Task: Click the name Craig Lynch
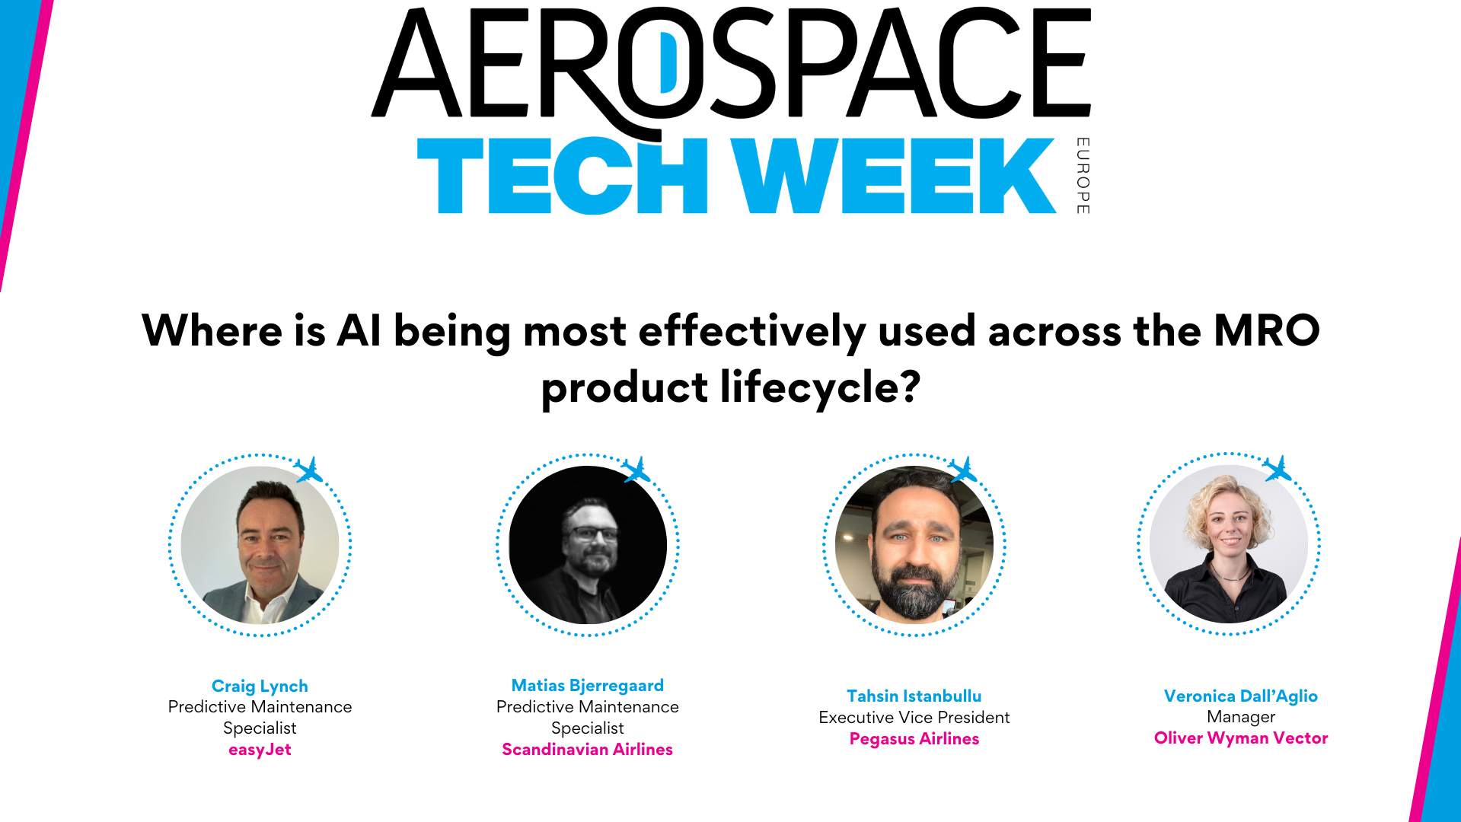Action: (260, 686)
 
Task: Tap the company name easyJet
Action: (260, 750)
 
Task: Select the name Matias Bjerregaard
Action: (587, 685)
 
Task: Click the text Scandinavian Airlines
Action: (587, 750)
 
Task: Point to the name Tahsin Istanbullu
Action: (914, 696)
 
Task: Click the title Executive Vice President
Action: (914, 717)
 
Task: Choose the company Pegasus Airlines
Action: (914, 739)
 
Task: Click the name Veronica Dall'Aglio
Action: (1240, 696)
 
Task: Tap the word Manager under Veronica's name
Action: (1240, 717)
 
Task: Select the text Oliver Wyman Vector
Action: (1240, 738)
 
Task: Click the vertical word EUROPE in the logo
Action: (1083, 176)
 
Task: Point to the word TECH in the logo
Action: (562, 176)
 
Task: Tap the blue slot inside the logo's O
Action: (668, 62)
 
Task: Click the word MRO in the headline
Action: (1266, 331)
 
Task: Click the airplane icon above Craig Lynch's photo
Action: (309, 470)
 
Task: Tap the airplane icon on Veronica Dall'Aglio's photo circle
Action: (1278, 469)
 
